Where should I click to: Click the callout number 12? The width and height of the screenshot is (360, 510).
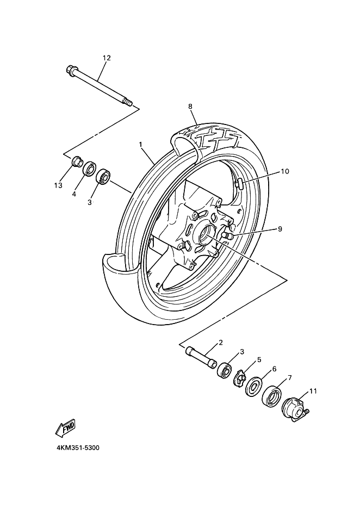point(107,58)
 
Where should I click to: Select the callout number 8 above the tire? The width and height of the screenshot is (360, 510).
point(190,107)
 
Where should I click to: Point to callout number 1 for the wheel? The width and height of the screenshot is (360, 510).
point(141,144)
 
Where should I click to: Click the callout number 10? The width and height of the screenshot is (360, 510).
point(285,171)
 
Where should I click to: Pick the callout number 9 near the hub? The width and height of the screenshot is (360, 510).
point(280,229)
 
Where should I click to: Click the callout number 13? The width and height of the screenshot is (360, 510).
point(58,185)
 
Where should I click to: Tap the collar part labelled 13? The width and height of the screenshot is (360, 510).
point(77,161)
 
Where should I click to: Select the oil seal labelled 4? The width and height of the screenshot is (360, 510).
point(89,169)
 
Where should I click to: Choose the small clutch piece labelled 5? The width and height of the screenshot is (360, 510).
point(240,378)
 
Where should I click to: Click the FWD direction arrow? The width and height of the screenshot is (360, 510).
point(66,428)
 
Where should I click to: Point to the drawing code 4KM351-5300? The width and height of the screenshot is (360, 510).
point(78,448)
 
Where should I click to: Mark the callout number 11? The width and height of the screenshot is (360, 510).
point(313,391)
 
